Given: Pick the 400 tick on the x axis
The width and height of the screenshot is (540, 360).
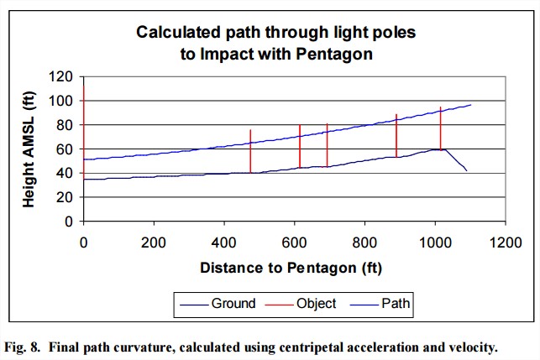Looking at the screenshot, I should pos(223,243).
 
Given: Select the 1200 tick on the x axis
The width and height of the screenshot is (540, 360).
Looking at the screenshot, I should pos(505,243).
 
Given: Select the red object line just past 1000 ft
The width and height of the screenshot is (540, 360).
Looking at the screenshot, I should pos(440,128).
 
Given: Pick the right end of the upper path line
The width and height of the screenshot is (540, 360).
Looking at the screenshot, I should pos(471,105).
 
